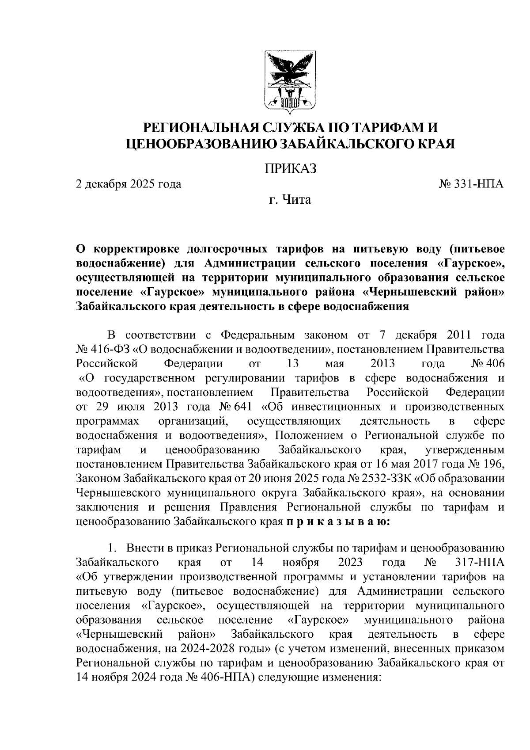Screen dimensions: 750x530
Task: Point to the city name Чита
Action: coord(296,200)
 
